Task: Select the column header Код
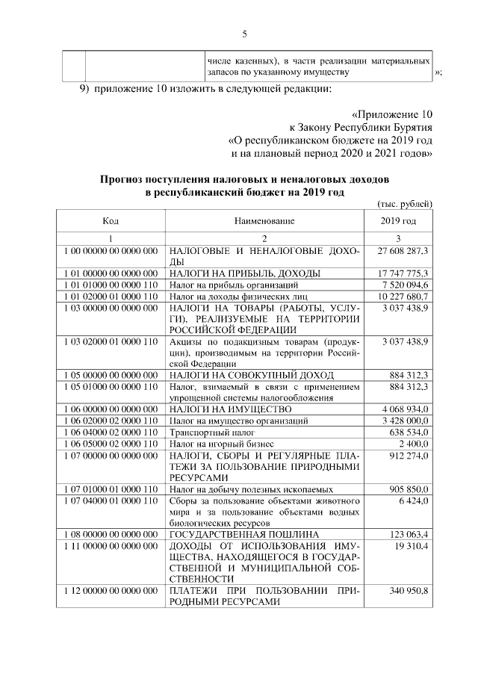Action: pyautogui.click(x=111, y=221)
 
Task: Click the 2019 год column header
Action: pyautogui.click(x=399, y=221)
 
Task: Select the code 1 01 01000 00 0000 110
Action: pyautogui.click(x=111, y=285)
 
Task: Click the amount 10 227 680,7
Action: pyautogui.click(x=404, y=297)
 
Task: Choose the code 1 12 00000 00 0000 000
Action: pyautogui.click(x=111, y=592)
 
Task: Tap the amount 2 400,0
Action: pyautogui.click(x=414, y=444)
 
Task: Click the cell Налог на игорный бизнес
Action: pyautogui.click(x=217, y=444)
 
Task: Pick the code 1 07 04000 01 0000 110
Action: pyautogui.click(x=111, y=500)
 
